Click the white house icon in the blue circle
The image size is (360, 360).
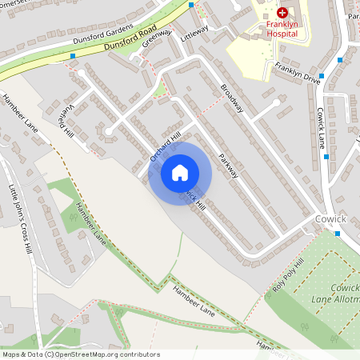pyautogui.click(x=180, y=172)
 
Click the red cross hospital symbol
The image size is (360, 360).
pyautogui.click(x=282, y=13)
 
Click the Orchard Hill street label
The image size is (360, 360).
pyautogui.click(x=166, y=146)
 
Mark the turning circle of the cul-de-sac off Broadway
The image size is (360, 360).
pyautogui.click(x=277, y=102)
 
